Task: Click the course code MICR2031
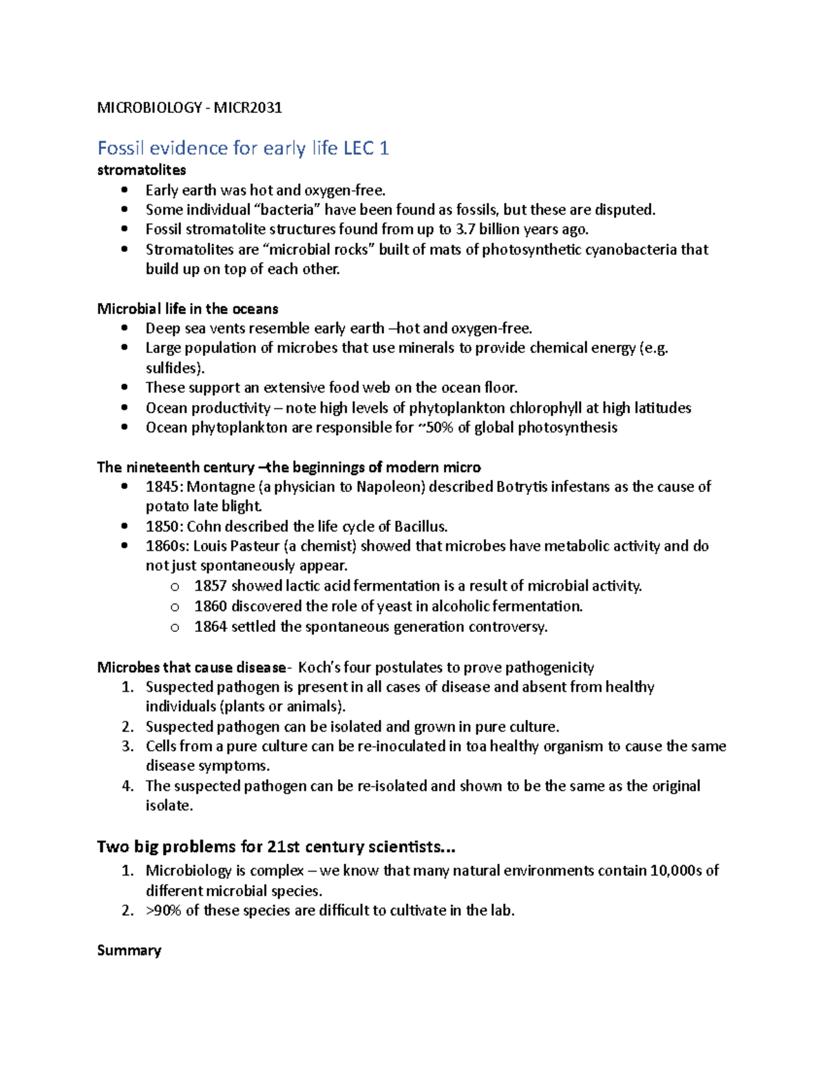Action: pos(248,107)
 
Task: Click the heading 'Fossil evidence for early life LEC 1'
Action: pos(243,148)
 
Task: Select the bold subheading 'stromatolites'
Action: pos(141,170)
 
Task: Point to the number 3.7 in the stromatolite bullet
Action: pos(465,229)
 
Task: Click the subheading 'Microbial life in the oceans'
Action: pos(187,308)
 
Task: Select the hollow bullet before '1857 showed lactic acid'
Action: pos(175,586)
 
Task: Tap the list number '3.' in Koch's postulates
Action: pos(127,746)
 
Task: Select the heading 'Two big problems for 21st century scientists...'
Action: pos(276,846)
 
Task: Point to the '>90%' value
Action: pos(163,910)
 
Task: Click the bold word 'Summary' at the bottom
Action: pos(129,951)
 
